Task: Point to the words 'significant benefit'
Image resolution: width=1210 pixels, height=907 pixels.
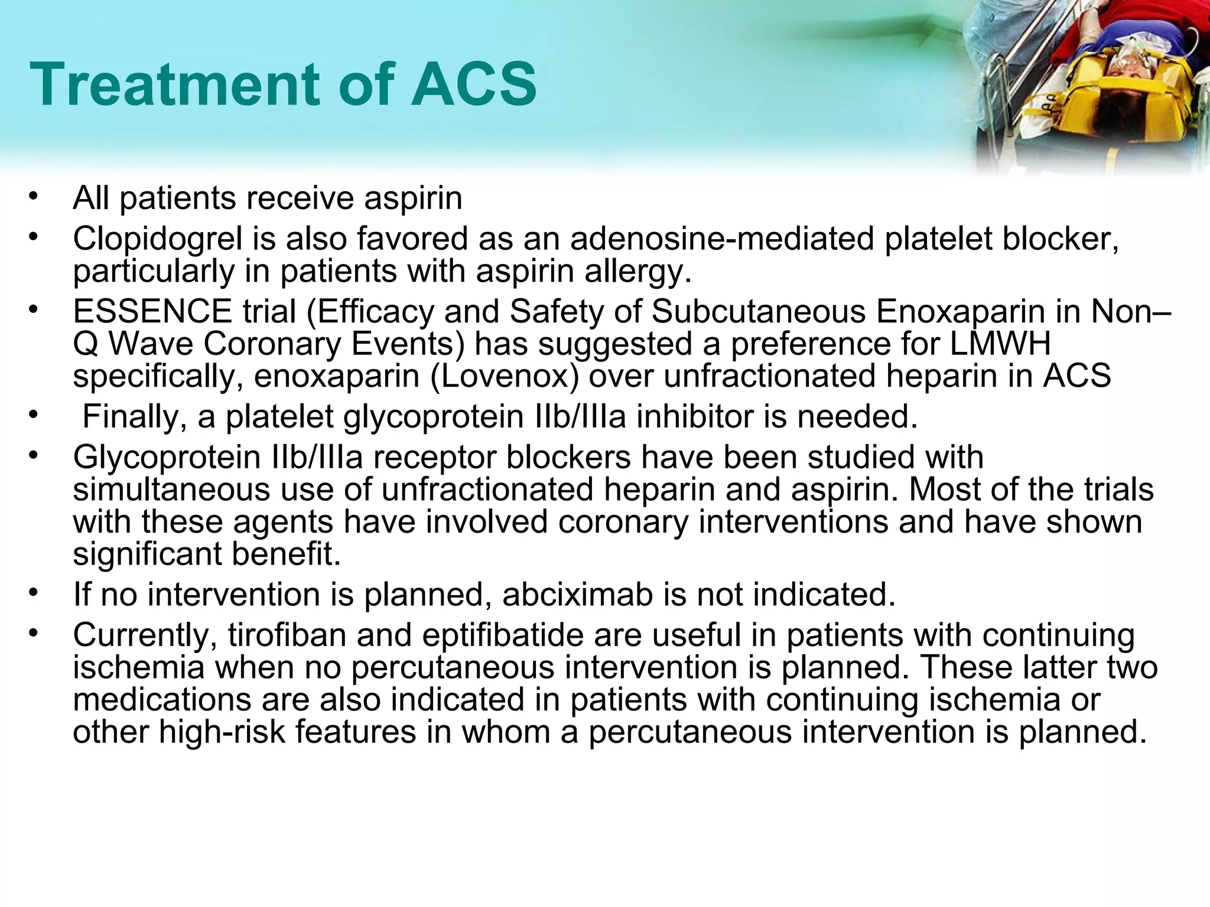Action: tap(207, 554)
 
